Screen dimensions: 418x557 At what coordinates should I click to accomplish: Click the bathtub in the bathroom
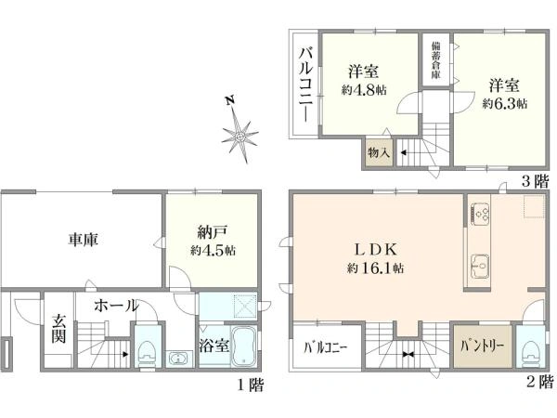(x=243, y=349)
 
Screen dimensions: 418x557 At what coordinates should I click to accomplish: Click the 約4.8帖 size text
(x=363, y=89)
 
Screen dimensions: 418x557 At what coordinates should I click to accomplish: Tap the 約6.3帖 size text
(x=504, y=104)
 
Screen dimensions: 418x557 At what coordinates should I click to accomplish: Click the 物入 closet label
(x=379, y=151)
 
